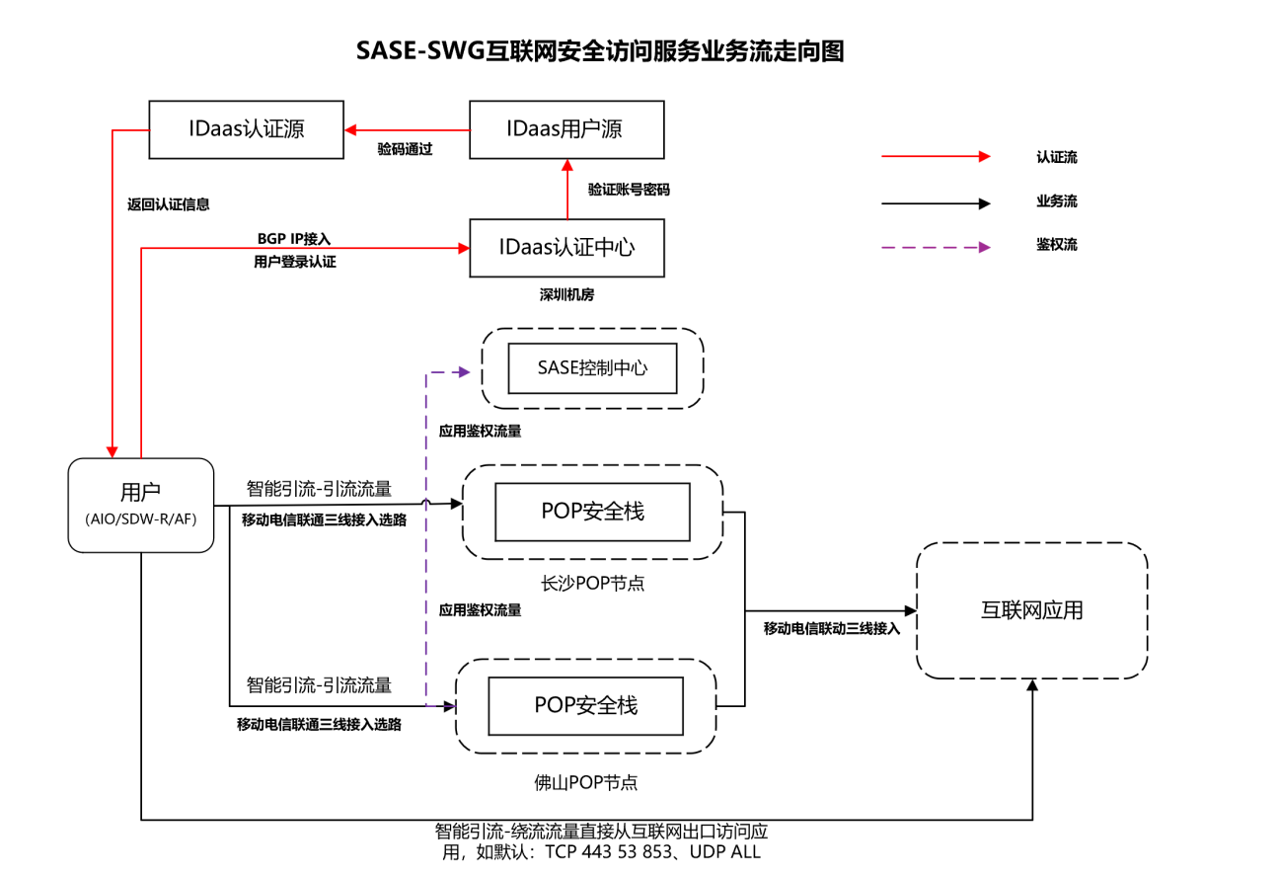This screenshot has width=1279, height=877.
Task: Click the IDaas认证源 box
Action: point(246,129)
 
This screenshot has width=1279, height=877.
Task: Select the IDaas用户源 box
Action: point(566,129)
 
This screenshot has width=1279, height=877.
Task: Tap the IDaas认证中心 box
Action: point(566,247)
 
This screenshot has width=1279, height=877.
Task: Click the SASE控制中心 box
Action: point(592,368)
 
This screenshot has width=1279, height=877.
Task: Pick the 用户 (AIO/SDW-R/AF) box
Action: point(141,505)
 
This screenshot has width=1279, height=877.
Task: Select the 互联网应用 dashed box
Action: point(1031,610)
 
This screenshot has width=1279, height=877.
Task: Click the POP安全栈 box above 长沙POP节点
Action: point(592,512)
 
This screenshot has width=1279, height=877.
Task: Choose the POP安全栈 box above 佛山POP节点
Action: point(586,705)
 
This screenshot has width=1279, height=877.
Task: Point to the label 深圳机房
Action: point(566,294)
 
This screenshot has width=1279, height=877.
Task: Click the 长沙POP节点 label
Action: point(593,583)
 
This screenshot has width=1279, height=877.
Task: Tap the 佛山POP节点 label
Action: point(586,782)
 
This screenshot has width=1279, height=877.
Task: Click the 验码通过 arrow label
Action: point(406,150)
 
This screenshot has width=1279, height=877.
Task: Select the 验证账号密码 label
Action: point(629,189)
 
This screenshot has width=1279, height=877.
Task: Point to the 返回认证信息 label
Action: point(169,204)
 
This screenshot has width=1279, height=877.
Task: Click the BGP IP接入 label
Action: point(294,238)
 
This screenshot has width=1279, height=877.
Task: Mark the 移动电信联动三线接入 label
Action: point(832,628)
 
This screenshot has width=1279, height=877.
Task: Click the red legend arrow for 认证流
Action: point(935,156)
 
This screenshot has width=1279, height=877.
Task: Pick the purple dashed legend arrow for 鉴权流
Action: point(935,247)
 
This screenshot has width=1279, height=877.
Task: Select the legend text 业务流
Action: point(1056,201)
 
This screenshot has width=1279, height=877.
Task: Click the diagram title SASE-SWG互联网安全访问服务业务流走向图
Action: point(600,51)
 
